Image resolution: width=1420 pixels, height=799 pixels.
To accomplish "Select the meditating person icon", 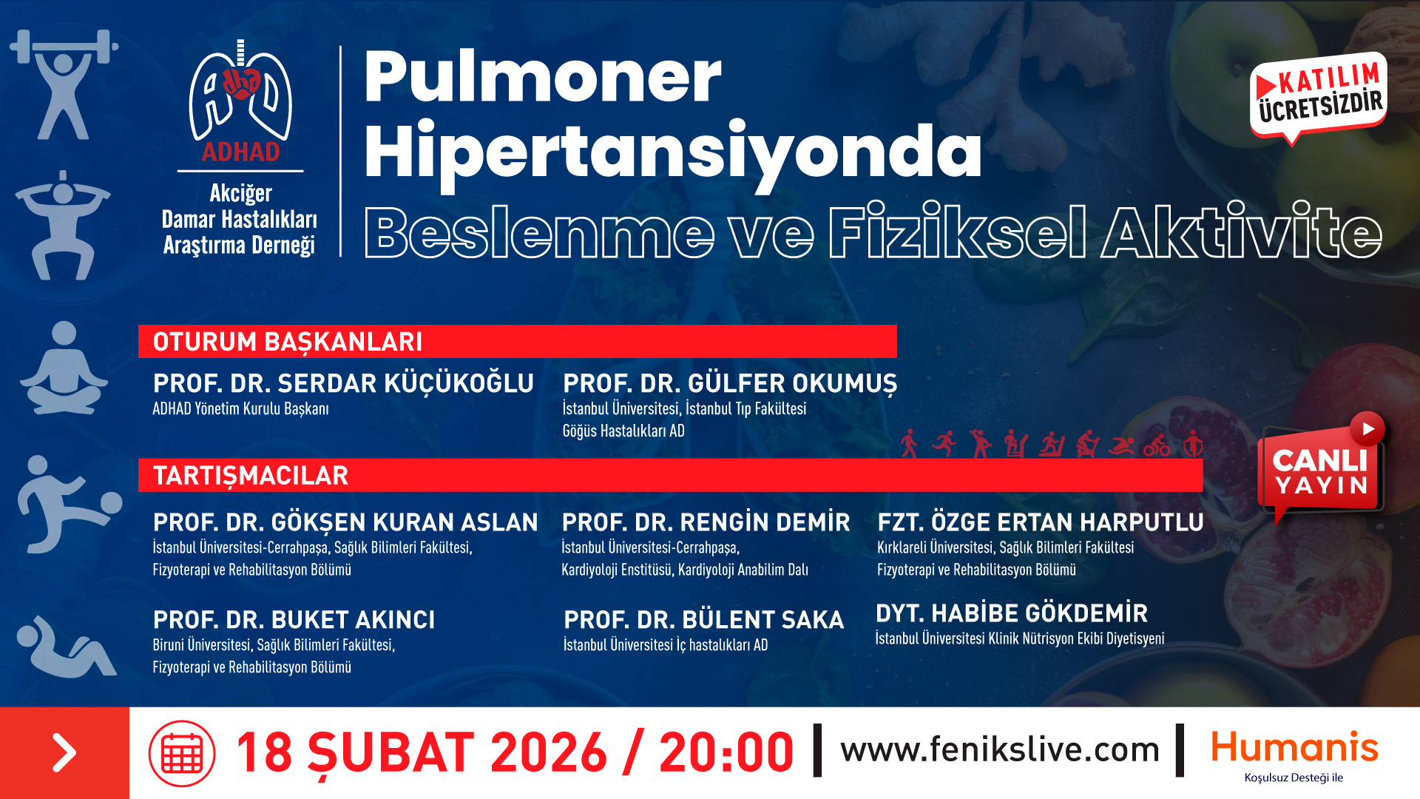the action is coord(64,368).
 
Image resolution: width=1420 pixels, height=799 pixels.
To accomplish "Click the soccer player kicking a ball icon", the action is coord(69,505).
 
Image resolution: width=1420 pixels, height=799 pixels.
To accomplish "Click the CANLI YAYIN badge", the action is coord(1321,466).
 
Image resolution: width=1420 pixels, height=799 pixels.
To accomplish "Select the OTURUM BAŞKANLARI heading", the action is coord(288,342).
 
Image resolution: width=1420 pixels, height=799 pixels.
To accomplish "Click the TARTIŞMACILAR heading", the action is coord(251,475).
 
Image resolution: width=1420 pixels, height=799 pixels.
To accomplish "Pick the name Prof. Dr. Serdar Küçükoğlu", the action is coord(343,383).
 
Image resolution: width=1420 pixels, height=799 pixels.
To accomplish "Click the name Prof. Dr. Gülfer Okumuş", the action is coord(730,383).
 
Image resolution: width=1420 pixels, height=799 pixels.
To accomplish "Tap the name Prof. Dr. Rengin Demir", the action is coord(706,522).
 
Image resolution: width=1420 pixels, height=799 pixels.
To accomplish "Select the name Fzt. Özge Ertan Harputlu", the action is coord(1041,522).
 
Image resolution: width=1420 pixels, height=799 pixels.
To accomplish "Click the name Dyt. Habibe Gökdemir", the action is coord(1012,613).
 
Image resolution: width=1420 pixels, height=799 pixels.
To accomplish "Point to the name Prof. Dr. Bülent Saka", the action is coord(703,619).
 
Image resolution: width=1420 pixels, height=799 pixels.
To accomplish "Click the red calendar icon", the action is coord(182,753).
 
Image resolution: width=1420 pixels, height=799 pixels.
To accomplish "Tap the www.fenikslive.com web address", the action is coord(1000,749).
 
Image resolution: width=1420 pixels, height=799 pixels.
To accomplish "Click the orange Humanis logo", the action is coord(1294,747).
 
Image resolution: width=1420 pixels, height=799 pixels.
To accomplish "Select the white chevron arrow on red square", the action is coord(64,753).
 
